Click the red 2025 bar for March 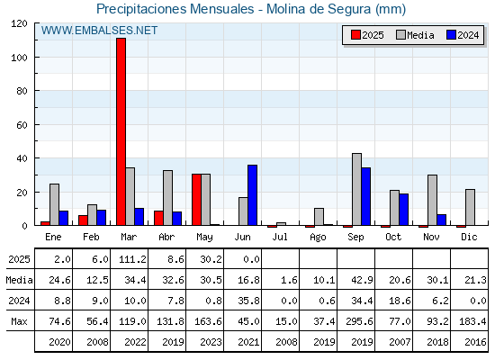pyautogui.click(x=121, y=131)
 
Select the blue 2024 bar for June pyautogui.click(x=252, y=195)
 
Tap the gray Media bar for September pyautogui.click(x=356, y=189)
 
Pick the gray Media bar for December pyautogui.click(x=470, y=207)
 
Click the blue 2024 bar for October pyautogui.click(x=404, y=210)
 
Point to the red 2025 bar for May pyautogui.click(x=197, y=200)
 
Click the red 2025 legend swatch pyautogui.click(x=355, y=35)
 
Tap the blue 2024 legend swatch pyautogui.click(x=451, y=35)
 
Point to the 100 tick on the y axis pyautogui.click(x=36, y=58)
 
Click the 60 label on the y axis pyautogui.click(x=22, y=125)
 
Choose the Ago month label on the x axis pyautogui.click(x=318, y=238)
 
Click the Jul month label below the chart pyautogui.click(x=280, y=237)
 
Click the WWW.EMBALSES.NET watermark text pyautogui.click(x=99, y=31)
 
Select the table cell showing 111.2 pyautogui.click(x=132, y=259)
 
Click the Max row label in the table pyautogui.click(x=19, y=321)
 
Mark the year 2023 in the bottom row pyautogui.click(x=211, y=342)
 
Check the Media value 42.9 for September pyautogui.click(x=362, y=280)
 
